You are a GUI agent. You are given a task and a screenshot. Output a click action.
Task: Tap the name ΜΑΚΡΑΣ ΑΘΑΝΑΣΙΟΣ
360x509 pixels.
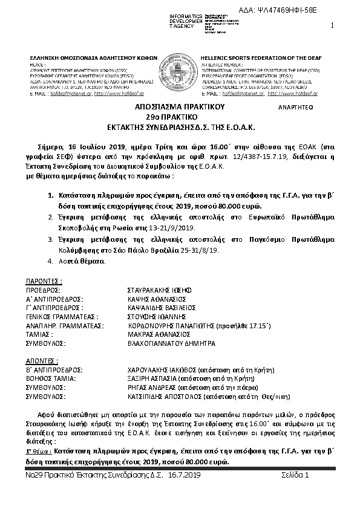pyautogui.click(x=154, y=334)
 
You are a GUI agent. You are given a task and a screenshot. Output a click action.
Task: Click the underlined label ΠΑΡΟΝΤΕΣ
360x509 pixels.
pyautogui.click(x=44, y=282)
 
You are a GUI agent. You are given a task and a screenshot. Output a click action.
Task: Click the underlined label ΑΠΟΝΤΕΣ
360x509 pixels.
pyautogui.click(x=42, y=360)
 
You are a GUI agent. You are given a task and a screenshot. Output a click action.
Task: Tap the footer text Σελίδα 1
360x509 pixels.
pyautogui.click(x=295, y=476)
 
